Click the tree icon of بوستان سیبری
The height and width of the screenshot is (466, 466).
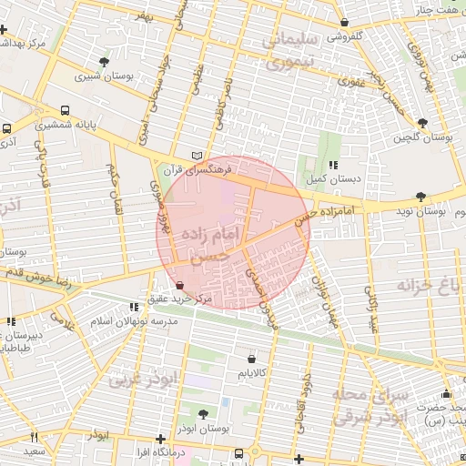(x=106, y=62)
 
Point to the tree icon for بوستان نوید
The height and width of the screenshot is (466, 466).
(x=420, y=196)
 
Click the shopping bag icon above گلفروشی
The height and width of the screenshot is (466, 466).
(x=344, y=23)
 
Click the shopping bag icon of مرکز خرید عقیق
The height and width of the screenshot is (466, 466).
(x=178, y=284)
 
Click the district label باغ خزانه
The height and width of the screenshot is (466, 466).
(x=430, y=288)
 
